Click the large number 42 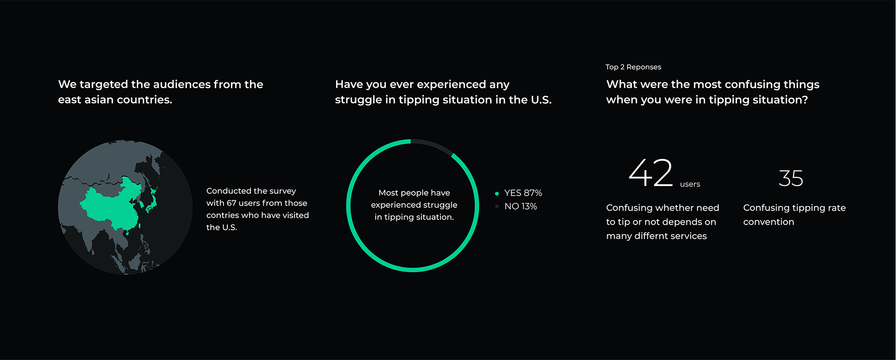click(651, 173)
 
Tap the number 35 click(791, 178)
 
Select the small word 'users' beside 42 click(690, 184)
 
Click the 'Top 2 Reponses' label click(633, 67)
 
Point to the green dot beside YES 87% click(497, 193)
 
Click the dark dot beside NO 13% click(497, 206)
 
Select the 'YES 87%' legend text click(523, 193)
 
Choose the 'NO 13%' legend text click(521, 206)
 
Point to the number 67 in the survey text click(231, 203)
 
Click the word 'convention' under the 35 click(769, 222)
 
